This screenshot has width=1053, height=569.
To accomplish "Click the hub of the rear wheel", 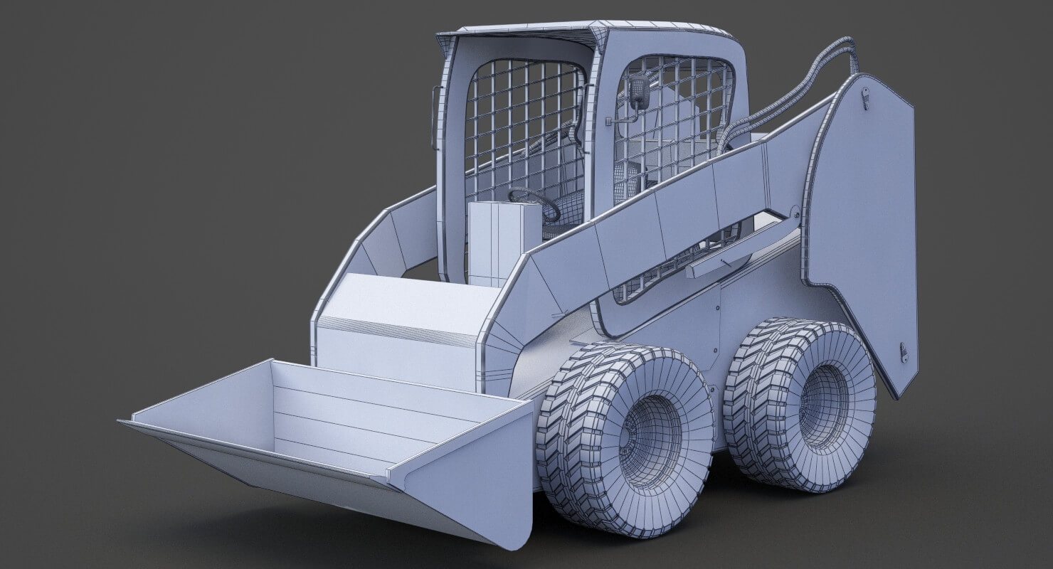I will click(824, 406).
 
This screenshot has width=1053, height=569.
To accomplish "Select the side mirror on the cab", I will click(637, 92).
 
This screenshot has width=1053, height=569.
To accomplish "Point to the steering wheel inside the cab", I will click(534, 203).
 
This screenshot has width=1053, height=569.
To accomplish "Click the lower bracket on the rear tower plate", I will click(904, 352).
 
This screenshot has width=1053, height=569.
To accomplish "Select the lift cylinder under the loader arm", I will click(740, 249).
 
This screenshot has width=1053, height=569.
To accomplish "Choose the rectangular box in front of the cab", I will click(504, 242).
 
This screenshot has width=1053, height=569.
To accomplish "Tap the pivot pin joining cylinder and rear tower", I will click(795, 212).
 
